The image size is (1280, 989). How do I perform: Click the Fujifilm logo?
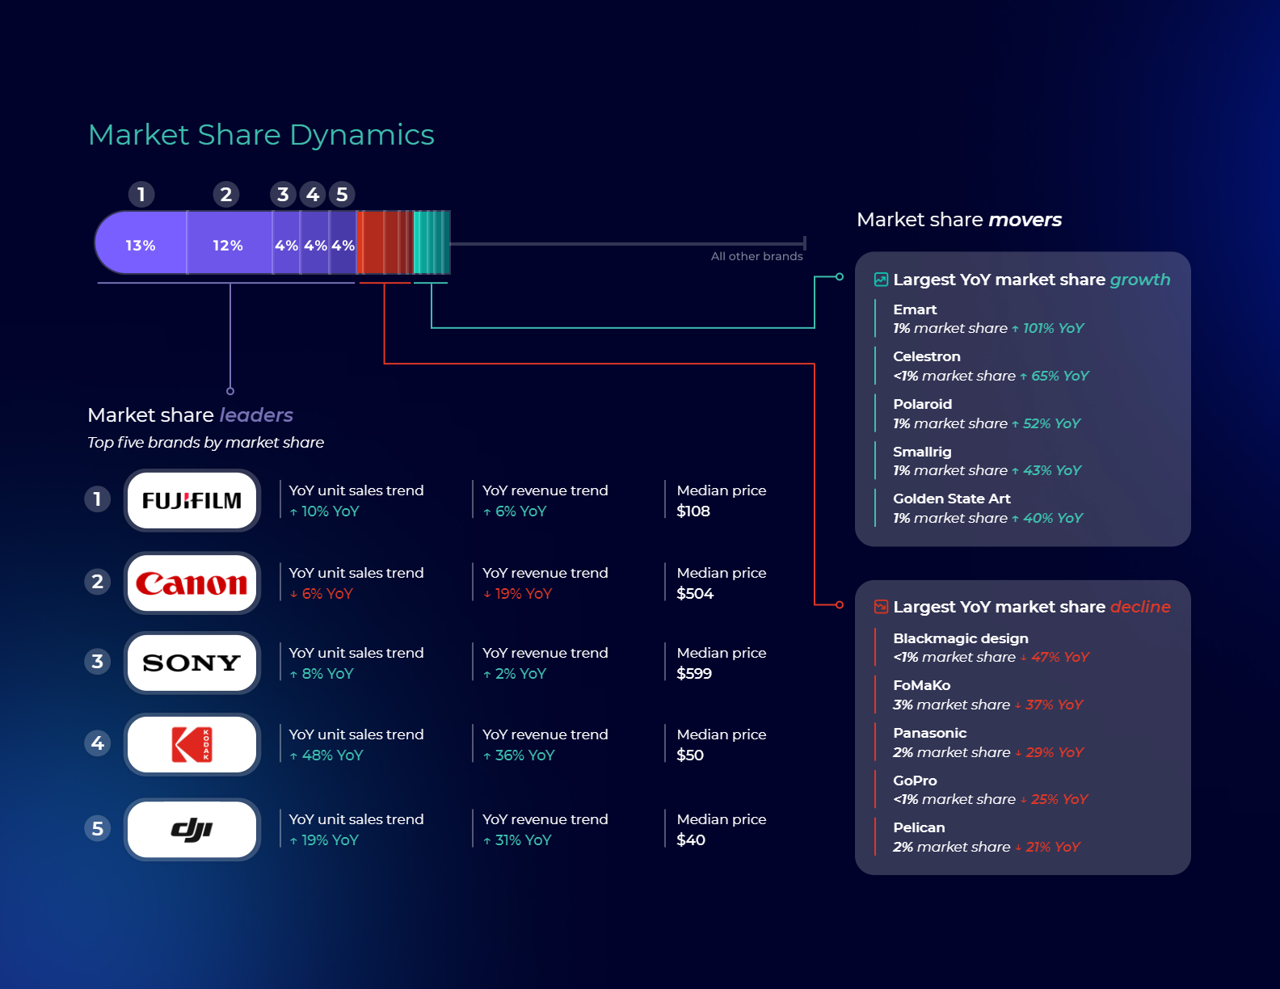(x=192, y=501)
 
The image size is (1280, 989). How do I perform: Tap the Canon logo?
(x=192, y=583)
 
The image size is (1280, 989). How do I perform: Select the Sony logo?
(x=192, y=663)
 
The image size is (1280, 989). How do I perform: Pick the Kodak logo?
(x=192, y=744)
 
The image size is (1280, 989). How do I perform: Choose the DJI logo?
(x=192, y=829)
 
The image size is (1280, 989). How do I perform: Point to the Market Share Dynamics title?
(x=261, y=135)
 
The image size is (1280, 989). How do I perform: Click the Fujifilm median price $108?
(x=693, y=511)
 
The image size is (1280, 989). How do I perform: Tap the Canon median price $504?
(x=695, y=594)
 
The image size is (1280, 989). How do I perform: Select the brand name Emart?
(x=915, y=309)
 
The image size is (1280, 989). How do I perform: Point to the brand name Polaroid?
(x=923, y=404)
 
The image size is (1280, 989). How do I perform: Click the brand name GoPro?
(x=915, y=781)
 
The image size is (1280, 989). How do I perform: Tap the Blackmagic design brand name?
(x=961, y=638)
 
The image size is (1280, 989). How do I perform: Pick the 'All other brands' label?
(x=757, y=256)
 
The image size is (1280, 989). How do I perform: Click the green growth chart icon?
(x=882, y=280)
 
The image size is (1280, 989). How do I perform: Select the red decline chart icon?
(x=882, y=607)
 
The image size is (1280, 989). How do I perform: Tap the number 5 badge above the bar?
(x=343, y=195)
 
